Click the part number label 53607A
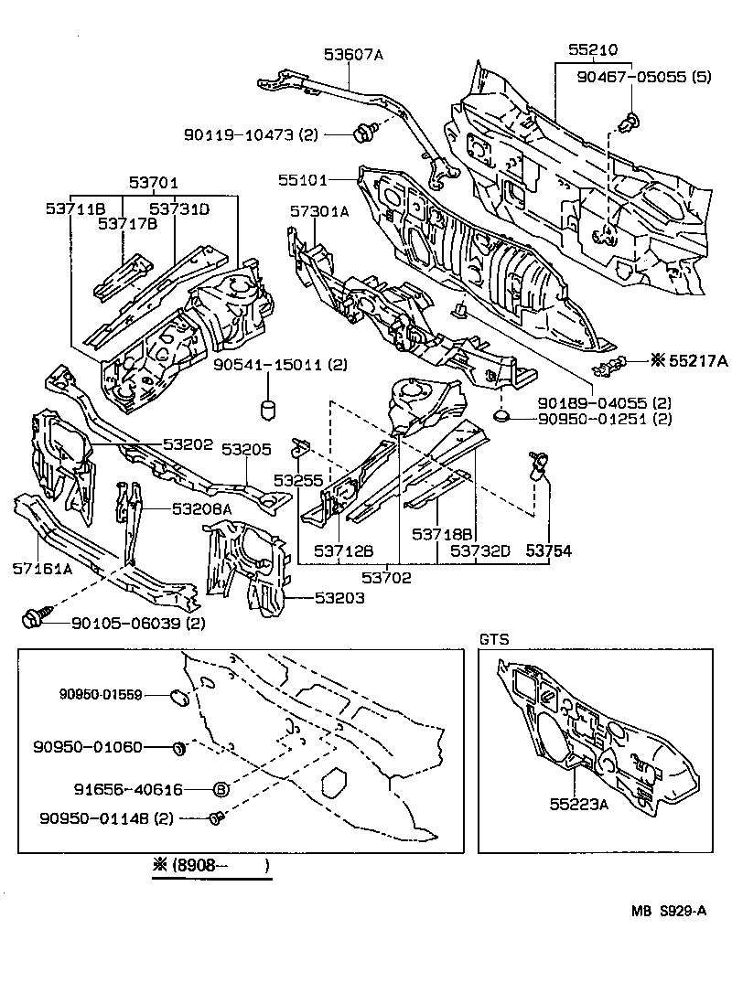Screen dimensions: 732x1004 click(x=352, y=55)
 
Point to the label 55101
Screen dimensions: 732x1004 click(x=303, y=179)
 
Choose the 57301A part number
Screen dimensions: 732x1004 click(x=319, y=211)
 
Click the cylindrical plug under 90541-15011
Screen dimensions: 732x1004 click(x=269, y=407)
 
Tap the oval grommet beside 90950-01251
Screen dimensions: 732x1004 click(x=501, y=418)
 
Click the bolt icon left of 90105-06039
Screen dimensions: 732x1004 click(x=32, y=622)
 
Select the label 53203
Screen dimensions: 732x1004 click(x=314, y=598)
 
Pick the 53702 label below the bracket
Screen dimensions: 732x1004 click(x=385, y=577)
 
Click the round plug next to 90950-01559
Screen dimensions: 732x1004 click(x=180, y=700)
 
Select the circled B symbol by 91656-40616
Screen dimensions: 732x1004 click(x=221, y=788)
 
